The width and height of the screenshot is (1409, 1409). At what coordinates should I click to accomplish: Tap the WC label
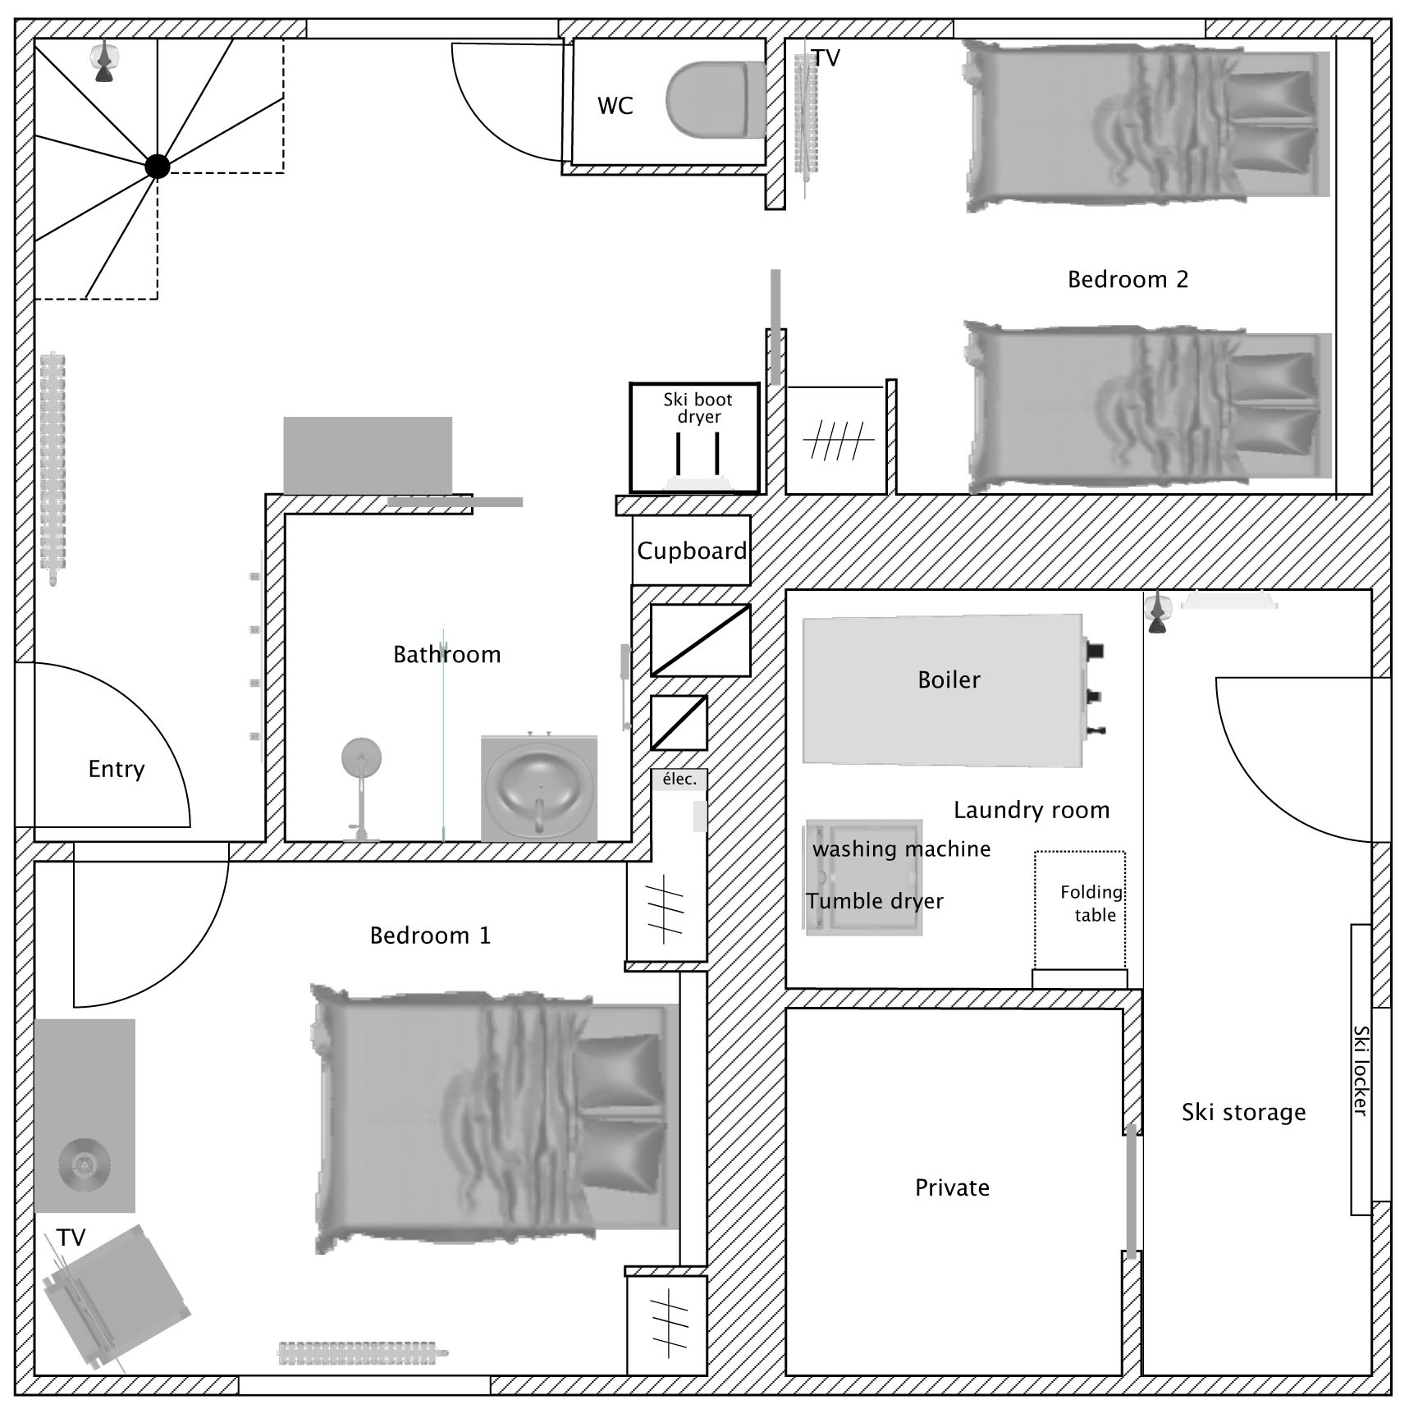[615, 106]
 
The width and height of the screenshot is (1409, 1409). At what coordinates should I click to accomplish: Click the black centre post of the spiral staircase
[157, 166]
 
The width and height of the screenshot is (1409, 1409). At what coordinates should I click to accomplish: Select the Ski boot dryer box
[694, 438]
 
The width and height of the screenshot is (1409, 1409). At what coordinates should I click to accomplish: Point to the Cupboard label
[692, 551]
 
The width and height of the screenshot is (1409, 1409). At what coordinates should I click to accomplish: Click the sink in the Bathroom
[538, 788]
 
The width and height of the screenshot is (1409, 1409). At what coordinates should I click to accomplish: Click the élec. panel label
[679, 779]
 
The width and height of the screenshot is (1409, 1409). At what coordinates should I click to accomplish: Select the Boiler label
[949, 679]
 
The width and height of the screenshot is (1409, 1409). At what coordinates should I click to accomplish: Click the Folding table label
[1092, 903]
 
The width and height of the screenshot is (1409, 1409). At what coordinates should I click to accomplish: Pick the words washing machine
[901, 849]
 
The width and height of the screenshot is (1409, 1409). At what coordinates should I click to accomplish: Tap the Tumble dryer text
[875, 901]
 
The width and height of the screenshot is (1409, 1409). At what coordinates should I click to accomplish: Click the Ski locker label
[1360, 1070]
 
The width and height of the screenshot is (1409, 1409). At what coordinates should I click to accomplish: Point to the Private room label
[952, 1187]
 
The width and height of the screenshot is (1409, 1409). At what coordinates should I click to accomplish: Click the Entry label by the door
[117, 770]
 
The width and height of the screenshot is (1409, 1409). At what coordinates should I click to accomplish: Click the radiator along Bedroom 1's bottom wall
[363, 1353]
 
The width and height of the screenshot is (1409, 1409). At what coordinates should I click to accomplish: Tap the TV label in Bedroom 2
[826, 58]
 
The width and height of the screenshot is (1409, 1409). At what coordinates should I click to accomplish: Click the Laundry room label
[1032, 811]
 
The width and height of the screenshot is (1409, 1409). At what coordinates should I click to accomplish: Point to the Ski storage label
[1243, 1113]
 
